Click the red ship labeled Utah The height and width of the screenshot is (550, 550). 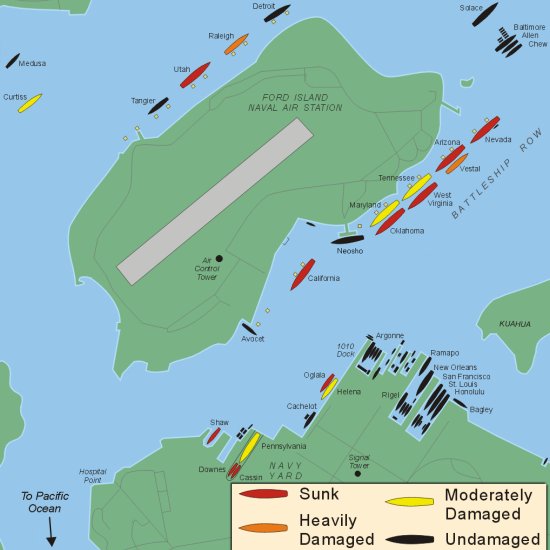click(195, 75)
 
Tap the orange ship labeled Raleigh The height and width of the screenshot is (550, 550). click(237, 43)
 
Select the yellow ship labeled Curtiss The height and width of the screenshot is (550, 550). click(30, 103)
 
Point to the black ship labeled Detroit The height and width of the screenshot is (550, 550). click(277, 13)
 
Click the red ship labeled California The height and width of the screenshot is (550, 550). click(303, 274)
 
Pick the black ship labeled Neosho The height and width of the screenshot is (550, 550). click(349, 239)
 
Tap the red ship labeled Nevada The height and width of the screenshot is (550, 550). click(485, 129)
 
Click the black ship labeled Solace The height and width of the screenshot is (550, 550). click(486, 14)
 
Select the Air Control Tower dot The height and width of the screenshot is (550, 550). click(219, 258)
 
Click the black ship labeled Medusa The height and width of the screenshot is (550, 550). click(12, 60)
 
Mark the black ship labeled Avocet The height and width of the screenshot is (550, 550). click(249, 328)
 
